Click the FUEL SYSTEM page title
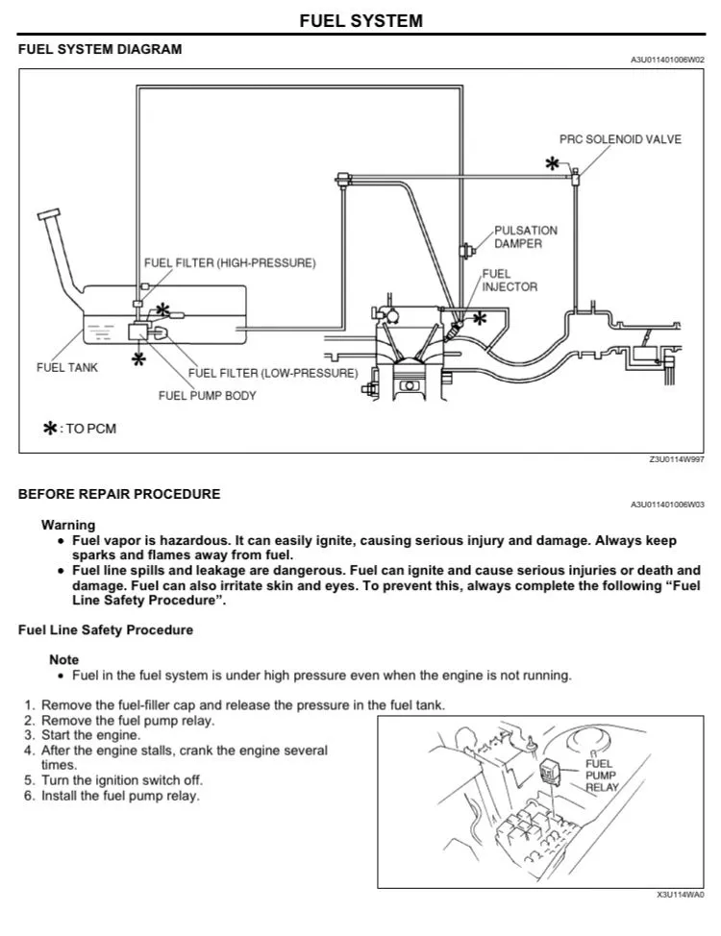[360, 20]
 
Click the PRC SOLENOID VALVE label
[620, 139]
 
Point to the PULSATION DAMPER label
[525, 237]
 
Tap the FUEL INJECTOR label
[510, 280]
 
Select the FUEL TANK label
[66, 367]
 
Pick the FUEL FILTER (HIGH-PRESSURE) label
[229, 262]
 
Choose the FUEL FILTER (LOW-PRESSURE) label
[272, 373]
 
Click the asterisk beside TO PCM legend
[49, 429]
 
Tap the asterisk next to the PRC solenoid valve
[552, 164]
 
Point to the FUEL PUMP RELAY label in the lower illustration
[602, 775]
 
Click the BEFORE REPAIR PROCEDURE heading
[119, 494]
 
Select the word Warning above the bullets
[68, 525]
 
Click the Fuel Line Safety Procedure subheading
[106, 630]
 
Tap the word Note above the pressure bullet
[64, 659]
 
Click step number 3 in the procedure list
[30, 734]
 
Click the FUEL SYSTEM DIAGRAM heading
[100, 49]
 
